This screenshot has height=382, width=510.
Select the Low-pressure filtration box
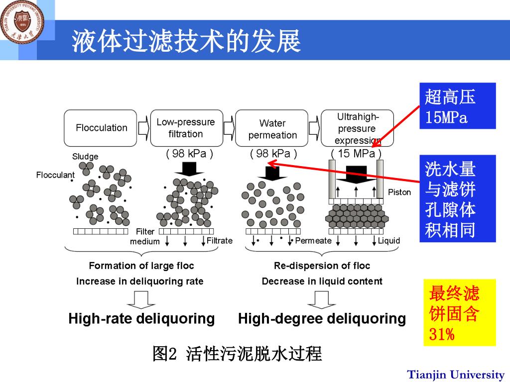pos(186,128)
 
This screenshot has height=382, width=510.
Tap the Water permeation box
pos(272,129)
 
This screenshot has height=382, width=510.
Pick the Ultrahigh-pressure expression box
pos(357,128)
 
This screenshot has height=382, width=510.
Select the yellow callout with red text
pos(459,312)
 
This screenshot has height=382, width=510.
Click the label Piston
pos(399,192)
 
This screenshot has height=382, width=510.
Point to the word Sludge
pos(85,156)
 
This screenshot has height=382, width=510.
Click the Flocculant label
pos(55,175)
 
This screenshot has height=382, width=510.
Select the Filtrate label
pos(220,241)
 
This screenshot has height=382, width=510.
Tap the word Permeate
pos(313,241)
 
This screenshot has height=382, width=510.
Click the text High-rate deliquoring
pos(141,318)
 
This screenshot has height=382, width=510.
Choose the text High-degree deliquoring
pos(322,318)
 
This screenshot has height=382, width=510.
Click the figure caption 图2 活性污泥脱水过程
pos(237,354)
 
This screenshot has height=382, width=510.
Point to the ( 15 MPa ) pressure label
pos(356,154)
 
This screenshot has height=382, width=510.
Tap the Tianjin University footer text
pos(456,375)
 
